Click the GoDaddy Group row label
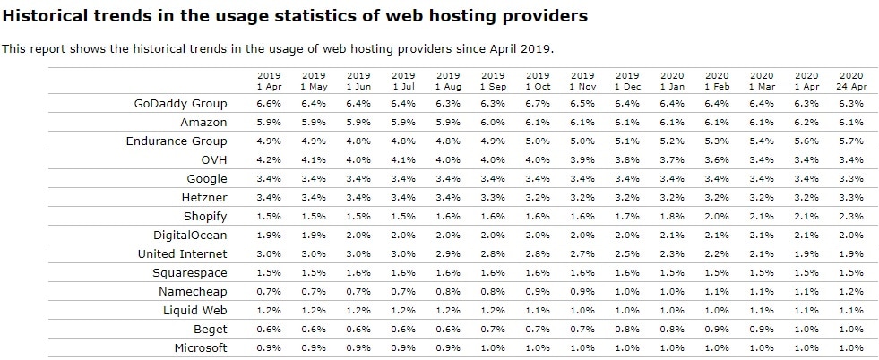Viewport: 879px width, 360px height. [x=180, y=104]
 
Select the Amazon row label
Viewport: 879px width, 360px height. [x=203, y=123]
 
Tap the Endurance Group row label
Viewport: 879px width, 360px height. [x=177, y=141]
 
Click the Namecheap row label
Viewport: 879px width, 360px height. [x=193, y=292]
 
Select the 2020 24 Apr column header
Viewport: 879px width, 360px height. [x=850, y=81]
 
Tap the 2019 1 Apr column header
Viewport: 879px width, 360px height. [x=269, y=81]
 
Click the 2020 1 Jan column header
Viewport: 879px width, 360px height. [x=672, y=81]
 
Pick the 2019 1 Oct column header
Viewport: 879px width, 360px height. [x=538, y=81]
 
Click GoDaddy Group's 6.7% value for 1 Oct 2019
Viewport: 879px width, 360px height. [x=538, y=104]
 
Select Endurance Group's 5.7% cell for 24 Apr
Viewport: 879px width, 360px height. [x=850, y=141]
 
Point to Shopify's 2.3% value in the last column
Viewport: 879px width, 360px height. [x=850, y=217]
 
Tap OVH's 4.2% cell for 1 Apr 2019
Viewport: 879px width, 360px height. [x=269, y=160]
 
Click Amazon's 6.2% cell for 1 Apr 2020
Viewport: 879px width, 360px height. [x=806, y=123]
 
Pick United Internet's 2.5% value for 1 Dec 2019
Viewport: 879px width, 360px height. [x=627, y=254]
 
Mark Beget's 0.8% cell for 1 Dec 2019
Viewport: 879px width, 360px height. [x=627, y=330]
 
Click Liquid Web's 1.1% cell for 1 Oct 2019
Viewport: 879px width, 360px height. [x=538, y=311]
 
